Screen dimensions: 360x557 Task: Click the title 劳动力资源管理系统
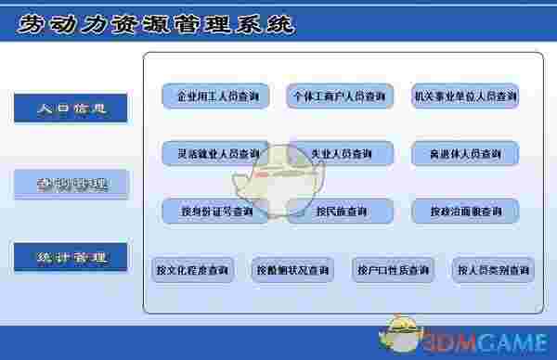pos(156,24)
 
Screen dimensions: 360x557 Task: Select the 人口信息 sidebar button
pos(71,109)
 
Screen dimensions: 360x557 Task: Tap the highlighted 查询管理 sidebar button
pos(71,184)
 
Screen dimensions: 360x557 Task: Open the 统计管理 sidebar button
pos(71,257)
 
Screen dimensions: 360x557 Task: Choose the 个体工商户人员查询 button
pos(340,96)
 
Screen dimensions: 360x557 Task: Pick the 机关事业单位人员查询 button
pos(464,96)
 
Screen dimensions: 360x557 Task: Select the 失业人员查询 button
pos(340,153)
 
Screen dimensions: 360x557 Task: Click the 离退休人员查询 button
pos(464,153)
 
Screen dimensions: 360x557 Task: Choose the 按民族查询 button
pos(340,212)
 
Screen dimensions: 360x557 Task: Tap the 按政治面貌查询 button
pos(464,212)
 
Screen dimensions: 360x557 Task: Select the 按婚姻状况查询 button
pos(293,270)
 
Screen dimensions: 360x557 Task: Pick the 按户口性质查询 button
pos(394,270)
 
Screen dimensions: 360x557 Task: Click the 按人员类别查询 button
pos(494,270)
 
